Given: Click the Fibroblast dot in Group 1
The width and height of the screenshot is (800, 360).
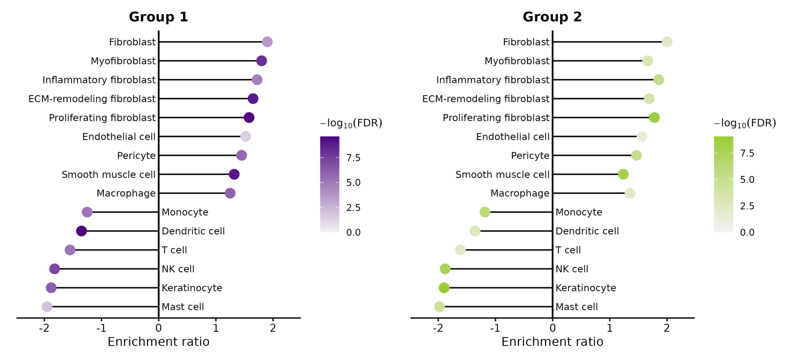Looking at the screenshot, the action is tap(267, 42).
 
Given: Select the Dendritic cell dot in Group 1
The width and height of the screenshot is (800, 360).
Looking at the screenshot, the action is tap(81, 231).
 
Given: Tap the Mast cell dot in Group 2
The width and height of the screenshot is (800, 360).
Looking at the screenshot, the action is tap(439, 307).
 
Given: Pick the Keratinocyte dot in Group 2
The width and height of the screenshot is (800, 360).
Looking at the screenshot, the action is tap(444, 288).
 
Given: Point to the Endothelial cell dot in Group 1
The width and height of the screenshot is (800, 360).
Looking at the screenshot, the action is tap(245, 136).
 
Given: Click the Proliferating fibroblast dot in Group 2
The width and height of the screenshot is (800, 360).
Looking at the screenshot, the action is tap(654, 117).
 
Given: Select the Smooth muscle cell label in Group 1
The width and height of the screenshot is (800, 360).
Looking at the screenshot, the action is tap(108, 174).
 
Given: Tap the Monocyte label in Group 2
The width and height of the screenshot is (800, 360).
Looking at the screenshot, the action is tap(579, 212).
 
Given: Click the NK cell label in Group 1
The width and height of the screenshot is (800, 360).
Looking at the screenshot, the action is tap(178, 269).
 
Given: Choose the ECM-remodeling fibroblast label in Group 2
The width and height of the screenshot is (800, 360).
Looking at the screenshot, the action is tap(485, 99).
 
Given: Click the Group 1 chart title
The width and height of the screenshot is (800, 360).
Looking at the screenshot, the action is tap(158, 17).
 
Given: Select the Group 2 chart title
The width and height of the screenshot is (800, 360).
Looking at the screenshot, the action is tap(552, 17).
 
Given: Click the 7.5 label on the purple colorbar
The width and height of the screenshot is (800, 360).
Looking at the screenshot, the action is tap(353, 158).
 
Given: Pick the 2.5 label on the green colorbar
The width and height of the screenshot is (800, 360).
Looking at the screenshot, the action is tap(747, 206).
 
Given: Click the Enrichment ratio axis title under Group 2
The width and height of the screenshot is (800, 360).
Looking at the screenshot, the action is tap(552, 342).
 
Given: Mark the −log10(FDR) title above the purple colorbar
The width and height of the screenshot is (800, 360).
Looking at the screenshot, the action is tap(351, 123).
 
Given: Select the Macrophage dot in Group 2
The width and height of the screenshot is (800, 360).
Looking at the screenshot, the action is tap(629, 193).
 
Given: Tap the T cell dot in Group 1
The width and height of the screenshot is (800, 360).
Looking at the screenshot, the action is tap(70, 250).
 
